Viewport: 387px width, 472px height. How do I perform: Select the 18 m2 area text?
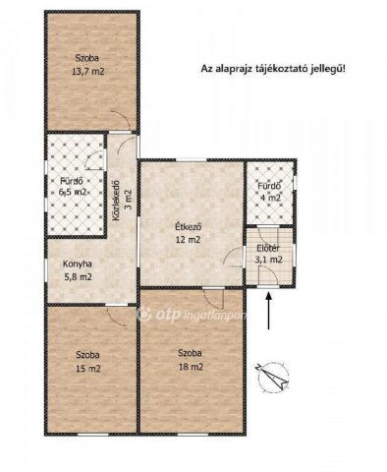coord(191,367)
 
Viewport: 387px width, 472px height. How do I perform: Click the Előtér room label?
coord(269,248)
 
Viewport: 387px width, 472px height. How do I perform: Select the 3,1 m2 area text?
coord(269,260)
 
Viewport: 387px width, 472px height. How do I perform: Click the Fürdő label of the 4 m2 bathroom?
coord(269,185)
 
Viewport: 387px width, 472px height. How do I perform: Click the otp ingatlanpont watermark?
coord(193,315)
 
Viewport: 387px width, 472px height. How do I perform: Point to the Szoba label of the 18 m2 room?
coord(191,353)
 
